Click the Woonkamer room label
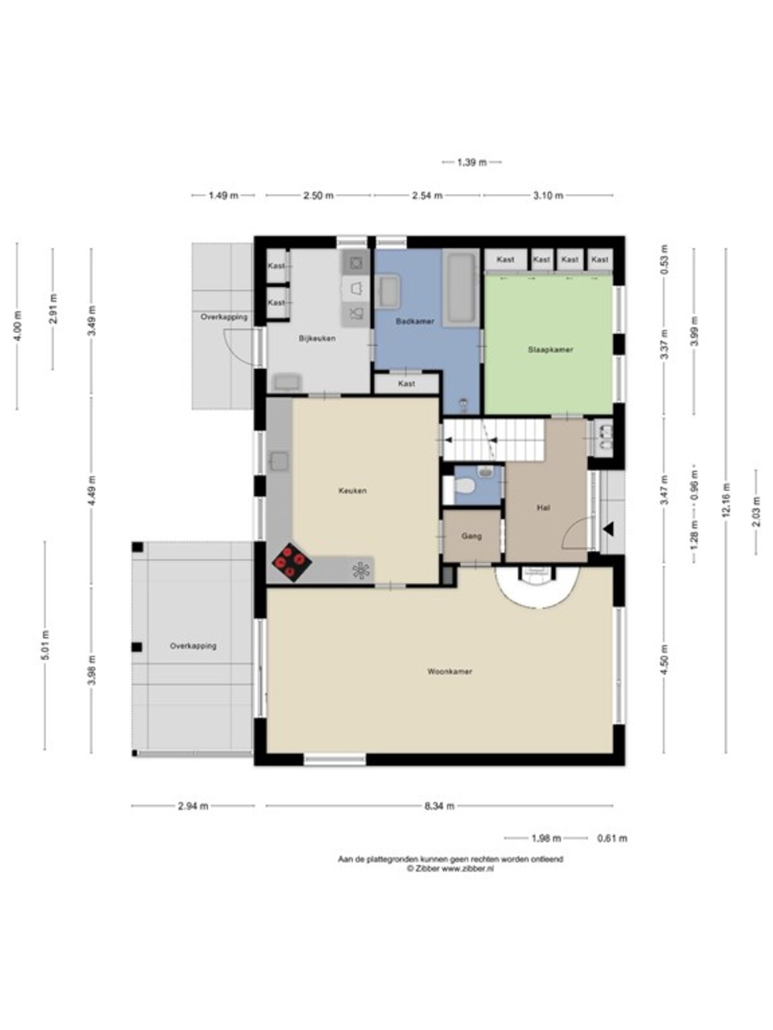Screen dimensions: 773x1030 [450, 671]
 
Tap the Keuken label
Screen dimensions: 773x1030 [352, 491]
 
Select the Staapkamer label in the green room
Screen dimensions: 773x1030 [551, 350]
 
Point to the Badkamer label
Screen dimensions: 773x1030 [415, 321]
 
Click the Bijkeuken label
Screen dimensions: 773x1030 [318, 339]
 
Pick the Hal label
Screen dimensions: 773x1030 [544, 508]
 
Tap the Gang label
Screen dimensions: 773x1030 [472, 536]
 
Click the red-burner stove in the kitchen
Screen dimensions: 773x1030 [292, 562]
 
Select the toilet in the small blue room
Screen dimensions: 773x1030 [464, 487]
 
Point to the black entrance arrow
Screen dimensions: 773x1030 [608, 530]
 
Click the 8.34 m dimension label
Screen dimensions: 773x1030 [439, 806]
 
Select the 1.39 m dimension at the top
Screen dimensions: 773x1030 [472, 162]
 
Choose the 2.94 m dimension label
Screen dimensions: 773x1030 [193, 806]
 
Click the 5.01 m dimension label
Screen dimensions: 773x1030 [45, 645]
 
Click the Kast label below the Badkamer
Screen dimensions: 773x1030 [406, 384]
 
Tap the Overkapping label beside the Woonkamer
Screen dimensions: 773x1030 [193, 646]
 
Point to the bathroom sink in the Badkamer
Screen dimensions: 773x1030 [387, 292]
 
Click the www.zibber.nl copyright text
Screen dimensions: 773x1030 [450, 868]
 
